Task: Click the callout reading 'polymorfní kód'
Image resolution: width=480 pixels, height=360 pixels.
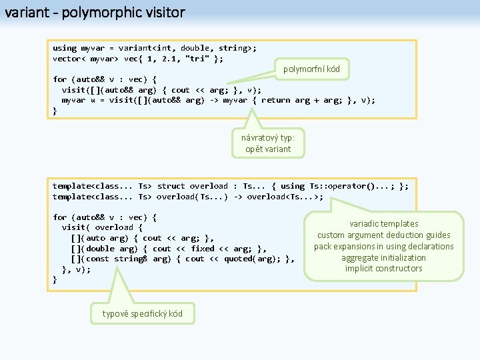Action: pyautogui.click(x=311, y=69)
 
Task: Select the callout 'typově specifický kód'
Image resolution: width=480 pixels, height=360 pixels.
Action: pyautogui.click(x=142, y=314)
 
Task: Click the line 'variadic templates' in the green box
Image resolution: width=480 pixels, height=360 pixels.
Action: pyautogui.click(x=384, y=224)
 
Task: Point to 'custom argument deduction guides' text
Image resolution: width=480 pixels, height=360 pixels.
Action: pyautogui.click(x=384, y=235)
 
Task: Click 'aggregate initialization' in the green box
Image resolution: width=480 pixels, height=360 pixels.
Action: pyautogui.click(x=384, y=257)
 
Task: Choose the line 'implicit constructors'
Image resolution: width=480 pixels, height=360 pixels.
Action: pyautogui.click(x=384, y=269)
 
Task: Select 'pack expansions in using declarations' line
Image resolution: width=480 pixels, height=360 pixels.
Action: pyautogui.click(x=384, y=247)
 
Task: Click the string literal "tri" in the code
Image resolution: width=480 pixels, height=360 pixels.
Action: pyautogui.click(x=203, y=59)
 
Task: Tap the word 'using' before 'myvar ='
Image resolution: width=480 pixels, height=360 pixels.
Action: pyautogui.click(x=65, y=48)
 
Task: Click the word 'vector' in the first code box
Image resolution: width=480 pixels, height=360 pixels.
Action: pyautogui.click(x=67, y=59)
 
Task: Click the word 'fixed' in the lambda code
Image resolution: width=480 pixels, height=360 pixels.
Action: pyautogui.click(x=203, y=248)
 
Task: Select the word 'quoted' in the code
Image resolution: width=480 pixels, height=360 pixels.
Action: pyautogui.click(x=238, y=259)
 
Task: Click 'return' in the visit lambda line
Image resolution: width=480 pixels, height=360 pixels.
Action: pyautogui.click(x=276, y=100)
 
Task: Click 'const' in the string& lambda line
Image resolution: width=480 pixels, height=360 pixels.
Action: pyautogui.click(x=95, y=259)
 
